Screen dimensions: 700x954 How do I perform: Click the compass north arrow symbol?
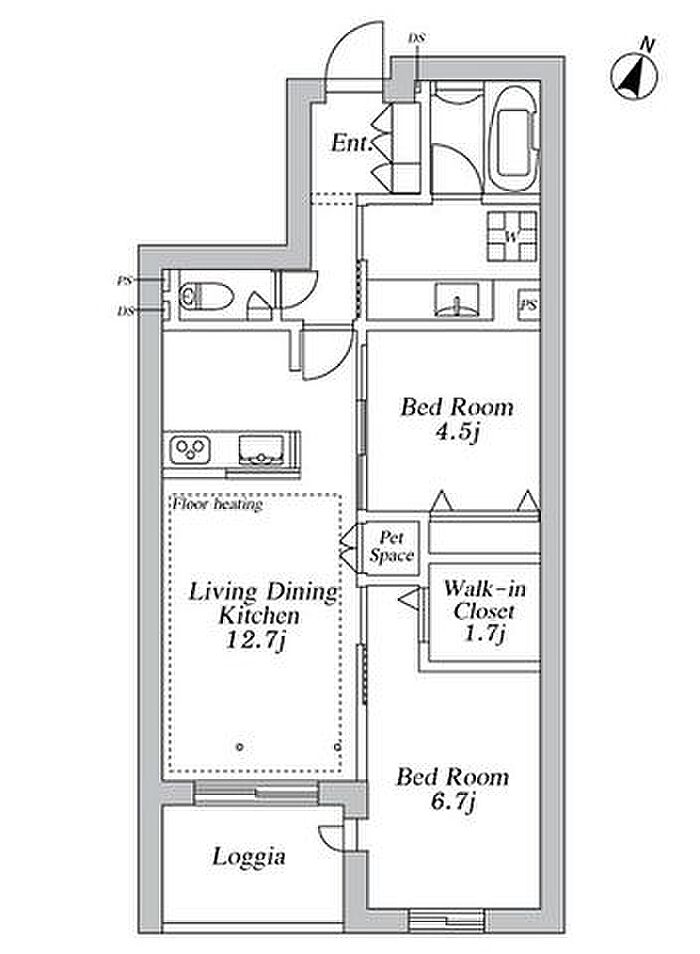tap(634, 74)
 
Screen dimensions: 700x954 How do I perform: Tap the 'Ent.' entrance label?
tap(351, 144)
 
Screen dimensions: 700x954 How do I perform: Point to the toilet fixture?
tap(206, 296)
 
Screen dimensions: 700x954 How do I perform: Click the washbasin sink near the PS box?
tap(456, 299)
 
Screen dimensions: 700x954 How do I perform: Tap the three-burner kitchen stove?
tap(190, 450)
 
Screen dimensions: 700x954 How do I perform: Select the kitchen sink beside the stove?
tap(262, 450)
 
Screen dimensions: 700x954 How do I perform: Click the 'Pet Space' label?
tap(391, 546)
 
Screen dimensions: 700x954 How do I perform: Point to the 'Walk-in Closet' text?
tap(484, 599)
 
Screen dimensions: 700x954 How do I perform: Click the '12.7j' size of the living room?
tap(255, 640)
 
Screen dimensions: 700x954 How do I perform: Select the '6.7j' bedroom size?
tap(453, 802)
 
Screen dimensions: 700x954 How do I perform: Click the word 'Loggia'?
tap(249, 857)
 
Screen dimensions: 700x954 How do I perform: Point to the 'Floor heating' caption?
tap(217, 504)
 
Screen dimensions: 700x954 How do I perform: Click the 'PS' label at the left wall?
tap(124, 280)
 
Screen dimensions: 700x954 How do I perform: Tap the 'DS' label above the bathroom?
tap(417, 38)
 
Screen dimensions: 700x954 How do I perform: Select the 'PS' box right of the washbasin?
tap(528, 304)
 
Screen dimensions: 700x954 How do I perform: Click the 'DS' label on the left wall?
tap(125, 311)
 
